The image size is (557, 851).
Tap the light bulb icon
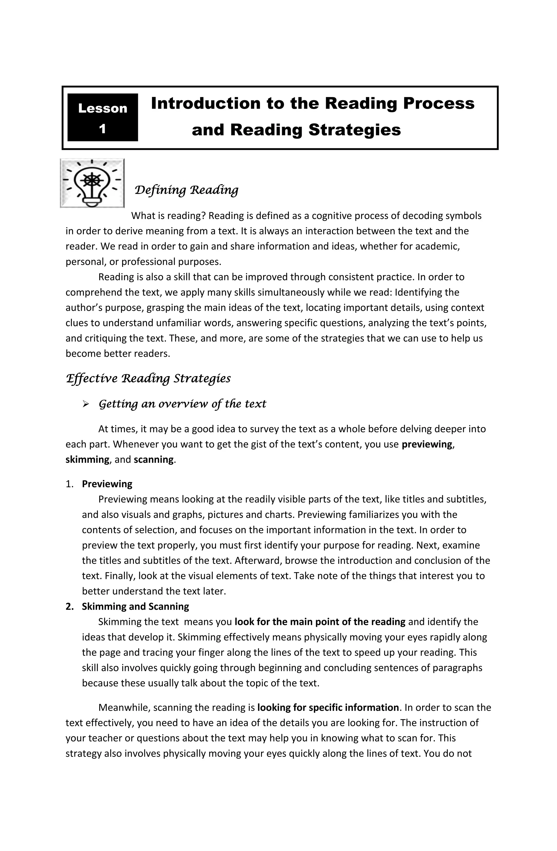click(x=92, y=183)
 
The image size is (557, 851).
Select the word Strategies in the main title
click(x=354, y=130)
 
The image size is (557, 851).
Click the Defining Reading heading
click(x=186, y=190)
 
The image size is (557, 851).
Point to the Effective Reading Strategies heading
click(x=148, y=378)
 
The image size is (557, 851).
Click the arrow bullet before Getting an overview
click(x=85, y=404)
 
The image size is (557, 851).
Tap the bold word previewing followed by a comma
click(x=427, y=444)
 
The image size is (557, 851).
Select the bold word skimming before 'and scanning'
click(x=87, y=459)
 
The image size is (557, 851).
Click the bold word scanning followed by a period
click(x=154, y=459)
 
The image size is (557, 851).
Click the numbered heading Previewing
click(x=107, y=484)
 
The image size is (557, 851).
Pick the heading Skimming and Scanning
click(x=135, y=607)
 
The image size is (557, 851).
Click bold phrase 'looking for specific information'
click(x=328, y=708)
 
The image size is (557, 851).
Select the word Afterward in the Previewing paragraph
click(x=258, y=561)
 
